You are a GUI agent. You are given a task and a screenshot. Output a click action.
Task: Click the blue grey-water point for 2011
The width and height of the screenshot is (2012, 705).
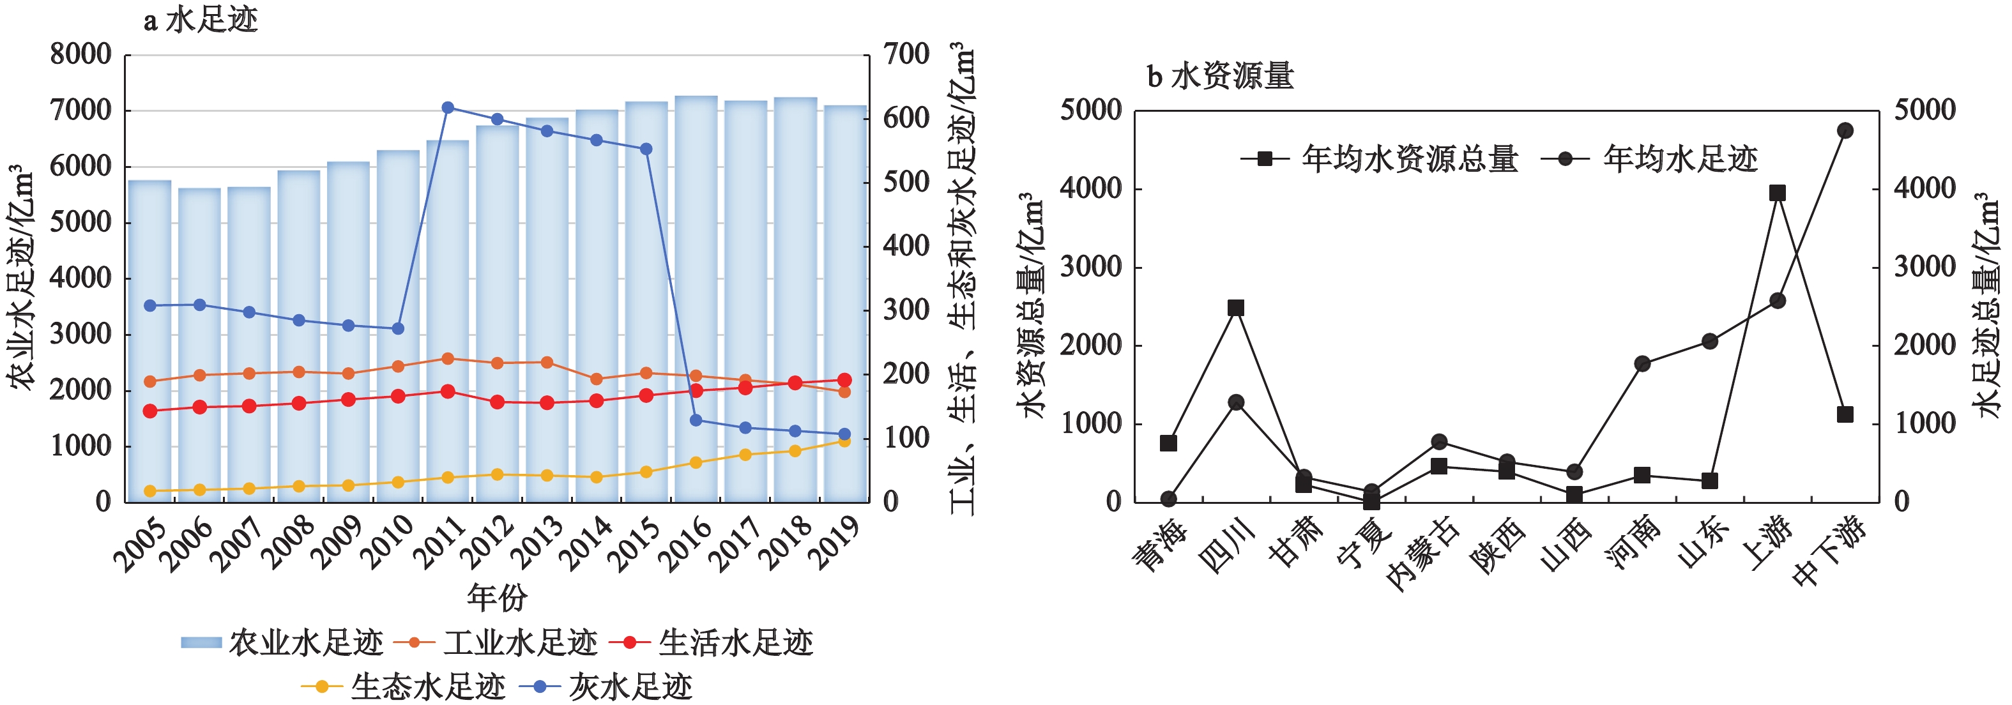click(448, 108)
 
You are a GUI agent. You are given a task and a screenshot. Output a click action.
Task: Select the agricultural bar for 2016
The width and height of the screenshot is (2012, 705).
click(696, 297)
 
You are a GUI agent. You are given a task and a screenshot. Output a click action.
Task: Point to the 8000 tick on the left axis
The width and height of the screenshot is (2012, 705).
click(80, 55)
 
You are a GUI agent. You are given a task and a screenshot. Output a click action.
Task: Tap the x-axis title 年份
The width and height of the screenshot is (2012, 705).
click(497, 598)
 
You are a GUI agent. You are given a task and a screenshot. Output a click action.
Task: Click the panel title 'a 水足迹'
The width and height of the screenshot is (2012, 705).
click(200, 20)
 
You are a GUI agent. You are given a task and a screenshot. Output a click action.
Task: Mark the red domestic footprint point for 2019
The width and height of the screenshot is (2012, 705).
click(844, 380)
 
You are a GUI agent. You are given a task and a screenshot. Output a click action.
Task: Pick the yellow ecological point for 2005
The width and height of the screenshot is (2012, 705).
click(150, 491)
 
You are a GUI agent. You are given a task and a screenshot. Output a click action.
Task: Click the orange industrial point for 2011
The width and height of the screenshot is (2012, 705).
click(448, 359)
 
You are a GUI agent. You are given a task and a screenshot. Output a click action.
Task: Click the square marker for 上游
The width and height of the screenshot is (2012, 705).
click(1777, 193)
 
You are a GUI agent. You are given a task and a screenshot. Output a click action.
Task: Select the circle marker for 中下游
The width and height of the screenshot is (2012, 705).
click(1845, 130)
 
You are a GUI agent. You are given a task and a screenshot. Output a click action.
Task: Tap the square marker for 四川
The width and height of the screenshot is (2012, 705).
click(1236, 308)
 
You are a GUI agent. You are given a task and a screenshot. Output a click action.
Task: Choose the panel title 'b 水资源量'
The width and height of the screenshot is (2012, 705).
click(1220, 76)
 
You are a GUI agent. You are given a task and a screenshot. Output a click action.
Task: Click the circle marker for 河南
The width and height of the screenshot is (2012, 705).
click(1642, 364)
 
